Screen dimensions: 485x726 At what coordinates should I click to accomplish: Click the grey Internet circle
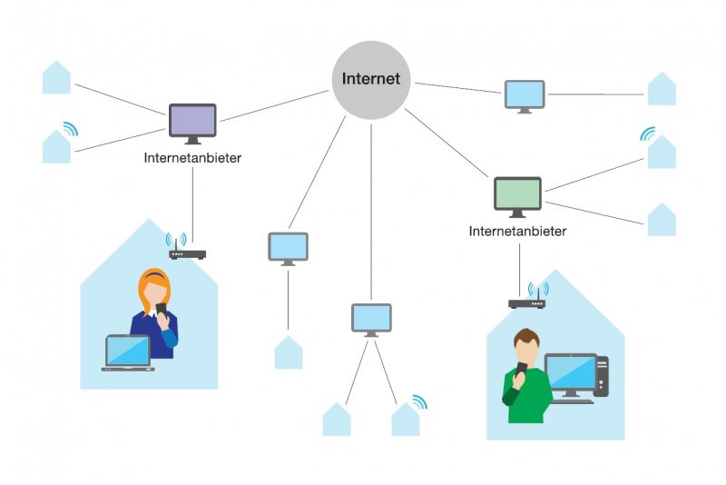370,79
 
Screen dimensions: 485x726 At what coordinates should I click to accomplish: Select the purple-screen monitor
192,121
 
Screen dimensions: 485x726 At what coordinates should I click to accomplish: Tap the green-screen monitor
517,194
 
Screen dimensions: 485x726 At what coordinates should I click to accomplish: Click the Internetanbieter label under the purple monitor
192,158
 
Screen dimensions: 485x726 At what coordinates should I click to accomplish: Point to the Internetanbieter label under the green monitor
517,232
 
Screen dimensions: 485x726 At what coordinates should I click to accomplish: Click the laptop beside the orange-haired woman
128,352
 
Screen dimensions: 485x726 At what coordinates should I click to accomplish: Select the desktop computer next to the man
575,377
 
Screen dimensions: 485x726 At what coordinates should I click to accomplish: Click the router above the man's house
526,303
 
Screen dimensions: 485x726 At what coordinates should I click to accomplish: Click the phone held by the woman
161,311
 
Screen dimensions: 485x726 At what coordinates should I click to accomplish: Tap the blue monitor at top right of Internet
525,94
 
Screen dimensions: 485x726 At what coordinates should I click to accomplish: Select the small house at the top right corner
662,89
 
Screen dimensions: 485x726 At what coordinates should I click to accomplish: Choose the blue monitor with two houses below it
371,318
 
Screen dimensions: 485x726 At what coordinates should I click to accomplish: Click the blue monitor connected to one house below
288,247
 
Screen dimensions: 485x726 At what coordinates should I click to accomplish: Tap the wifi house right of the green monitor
662,152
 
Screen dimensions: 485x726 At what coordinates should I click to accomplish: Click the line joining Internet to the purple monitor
272,105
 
